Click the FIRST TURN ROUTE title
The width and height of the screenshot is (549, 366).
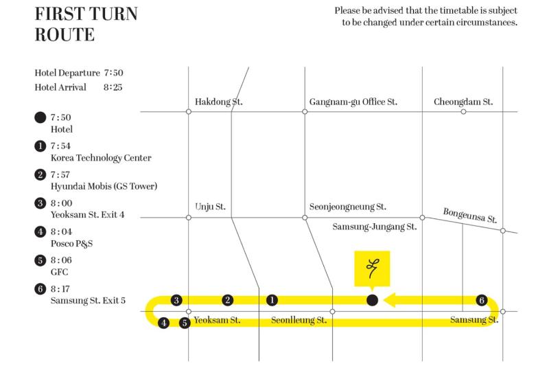[85, 24]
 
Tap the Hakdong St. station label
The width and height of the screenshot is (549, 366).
[219, 102]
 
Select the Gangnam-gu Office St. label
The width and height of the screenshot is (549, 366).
[353, 102]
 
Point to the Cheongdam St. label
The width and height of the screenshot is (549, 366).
[463, 102]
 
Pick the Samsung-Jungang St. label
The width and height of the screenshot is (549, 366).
[374, 227]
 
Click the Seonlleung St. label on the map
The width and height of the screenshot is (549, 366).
[298, 321]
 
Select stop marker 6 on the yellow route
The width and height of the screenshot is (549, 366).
[482, 300]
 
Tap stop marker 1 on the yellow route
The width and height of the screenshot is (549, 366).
[272, 300]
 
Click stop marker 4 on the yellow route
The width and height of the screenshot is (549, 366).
[163, 323]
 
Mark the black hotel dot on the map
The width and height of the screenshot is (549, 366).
[372, 300]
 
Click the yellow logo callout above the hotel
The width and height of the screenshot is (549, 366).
[372, 268]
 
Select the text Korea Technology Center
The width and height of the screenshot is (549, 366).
[101, 159]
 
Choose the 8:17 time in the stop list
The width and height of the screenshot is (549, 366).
[61, 289]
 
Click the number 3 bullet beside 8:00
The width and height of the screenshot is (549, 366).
[40, 203]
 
